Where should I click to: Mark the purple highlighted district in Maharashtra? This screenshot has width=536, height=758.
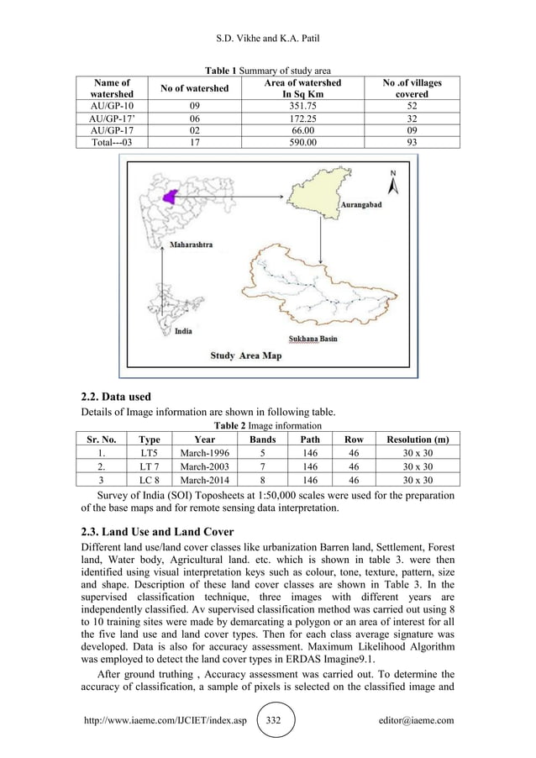173,196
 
